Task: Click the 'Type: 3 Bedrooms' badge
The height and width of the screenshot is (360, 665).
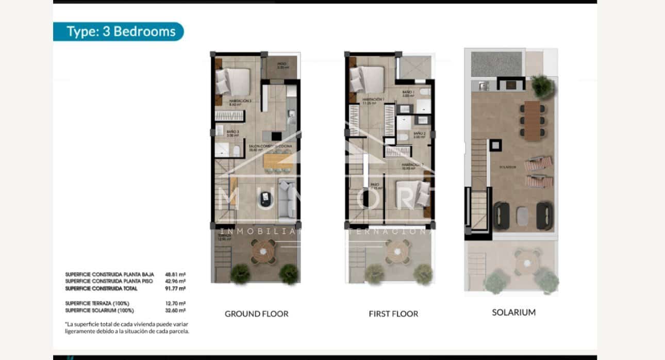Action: pos(118,31)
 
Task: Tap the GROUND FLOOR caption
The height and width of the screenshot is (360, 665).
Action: pos(256,314)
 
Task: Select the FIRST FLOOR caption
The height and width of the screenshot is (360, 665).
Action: pos(393,314)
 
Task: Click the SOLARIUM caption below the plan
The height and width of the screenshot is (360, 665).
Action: pos(513,312)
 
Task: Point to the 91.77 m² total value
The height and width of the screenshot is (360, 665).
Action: pos(175,288)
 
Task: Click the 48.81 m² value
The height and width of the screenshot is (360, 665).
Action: pos(175,274)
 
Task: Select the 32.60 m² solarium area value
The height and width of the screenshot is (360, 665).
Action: pos(175,310)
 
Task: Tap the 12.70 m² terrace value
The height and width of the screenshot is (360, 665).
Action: pos(175,303)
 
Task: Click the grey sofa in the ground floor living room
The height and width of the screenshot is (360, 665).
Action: pos(287,198)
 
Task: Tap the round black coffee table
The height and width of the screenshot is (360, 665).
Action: pos(266,197)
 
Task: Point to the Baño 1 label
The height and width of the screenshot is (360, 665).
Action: pos(408,93)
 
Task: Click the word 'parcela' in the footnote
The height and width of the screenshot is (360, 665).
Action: pos(178,332)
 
